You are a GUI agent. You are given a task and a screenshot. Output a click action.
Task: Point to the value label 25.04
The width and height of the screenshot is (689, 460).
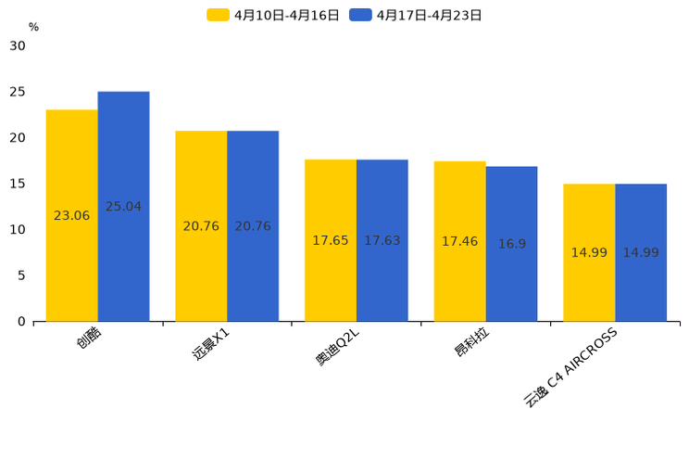pyautogui.click(x=123, y=207)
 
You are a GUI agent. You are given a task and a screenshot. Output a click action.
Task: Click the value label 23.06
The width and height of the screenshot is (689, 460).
pyautogui.click(x=71, y=216)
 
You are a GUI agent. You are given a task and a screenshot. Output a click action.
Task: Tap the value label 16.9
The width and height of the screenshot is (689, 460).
pyautogui.click(x=511, y=244)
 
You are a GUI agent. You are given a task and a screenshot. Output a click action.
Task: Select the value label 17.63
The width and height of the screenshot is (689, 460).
pyautogui.click(x=382, y=240)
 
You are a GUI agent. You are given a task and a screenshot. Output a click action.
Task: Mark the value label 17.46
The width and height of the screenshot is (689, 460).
pyautogui.click(x=459, y=241)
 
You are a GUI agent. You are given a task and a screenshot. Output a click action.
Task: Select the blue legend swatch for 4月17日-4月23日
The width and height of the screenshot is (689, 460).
pyautogui.click(x=360, y=15)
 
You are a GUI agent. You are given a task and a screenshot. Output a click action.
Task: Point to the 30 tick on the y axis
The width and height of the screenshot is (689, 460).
pyautogui.click(x=18, y=45)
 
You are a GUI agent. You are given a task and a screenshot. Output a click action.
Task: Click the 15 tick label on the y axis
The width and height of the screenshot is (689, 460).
pyautogui.click(x=18, y=184)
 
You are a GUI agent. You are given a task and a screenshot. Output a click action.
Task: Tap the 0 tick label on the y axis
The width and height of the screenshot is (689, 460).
pyautogui.click(x=22, y=322)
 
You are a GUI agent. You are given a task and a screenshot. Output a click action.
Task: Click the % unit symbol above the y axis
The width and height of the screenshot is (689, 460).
pyautogui.click(x=33, y=27)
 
